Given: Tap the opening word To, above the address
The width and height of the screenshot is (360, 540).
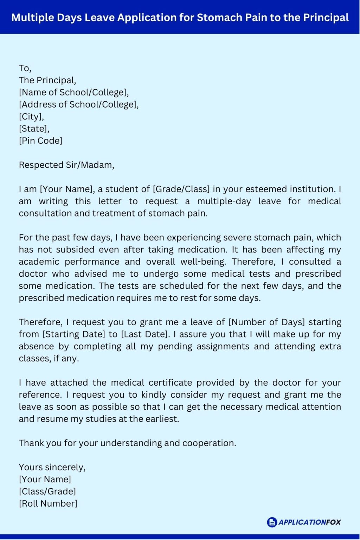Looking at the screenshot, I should pyautogui.click(x=25, y=68).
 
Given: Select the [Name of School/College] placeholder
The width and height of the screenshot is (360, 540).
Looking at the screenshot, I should pyautogui.click(x=74, y=92).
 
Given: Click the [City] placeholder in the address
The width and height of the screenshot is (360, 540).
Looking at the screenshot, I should pyautogui.click(x=31, y=117).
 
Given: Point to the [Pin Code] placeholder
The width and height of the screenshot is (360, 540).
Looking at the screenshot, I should pyautogui.click(x=40, y=141).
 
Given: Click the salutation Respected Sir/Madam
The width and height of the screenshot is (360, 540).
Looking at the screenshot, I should pyautogui.click(x=66, y=165).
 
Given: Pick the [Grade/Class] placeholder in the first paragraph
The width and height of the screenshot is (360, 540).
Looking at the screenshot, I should pyautogui.click(x=181, y=189).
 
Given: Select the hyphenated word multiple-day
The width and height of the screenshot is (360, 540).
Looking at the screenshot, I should pyautogui.click(x=224, y=201).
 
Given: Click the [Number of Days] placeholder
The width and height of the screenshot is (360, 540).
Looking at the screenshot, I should pyautogui.click(x=267, y=322).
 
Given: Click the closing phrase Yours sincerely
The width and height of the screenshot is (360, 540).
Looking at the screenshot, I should pyautogui.click(x=52, y=467).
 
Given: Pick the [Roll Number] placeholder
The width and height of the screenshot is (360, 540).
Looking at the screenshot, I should pyautogui.click(x=48, y=504).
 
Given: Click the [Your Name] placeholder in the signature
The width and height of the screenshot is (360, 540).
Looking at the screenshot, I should pyautogui.click(x=45, y=480).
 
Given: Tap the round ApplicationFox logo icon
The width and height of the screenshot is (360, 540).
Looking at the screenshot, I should pyautogui.click(x=272, y=522).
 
